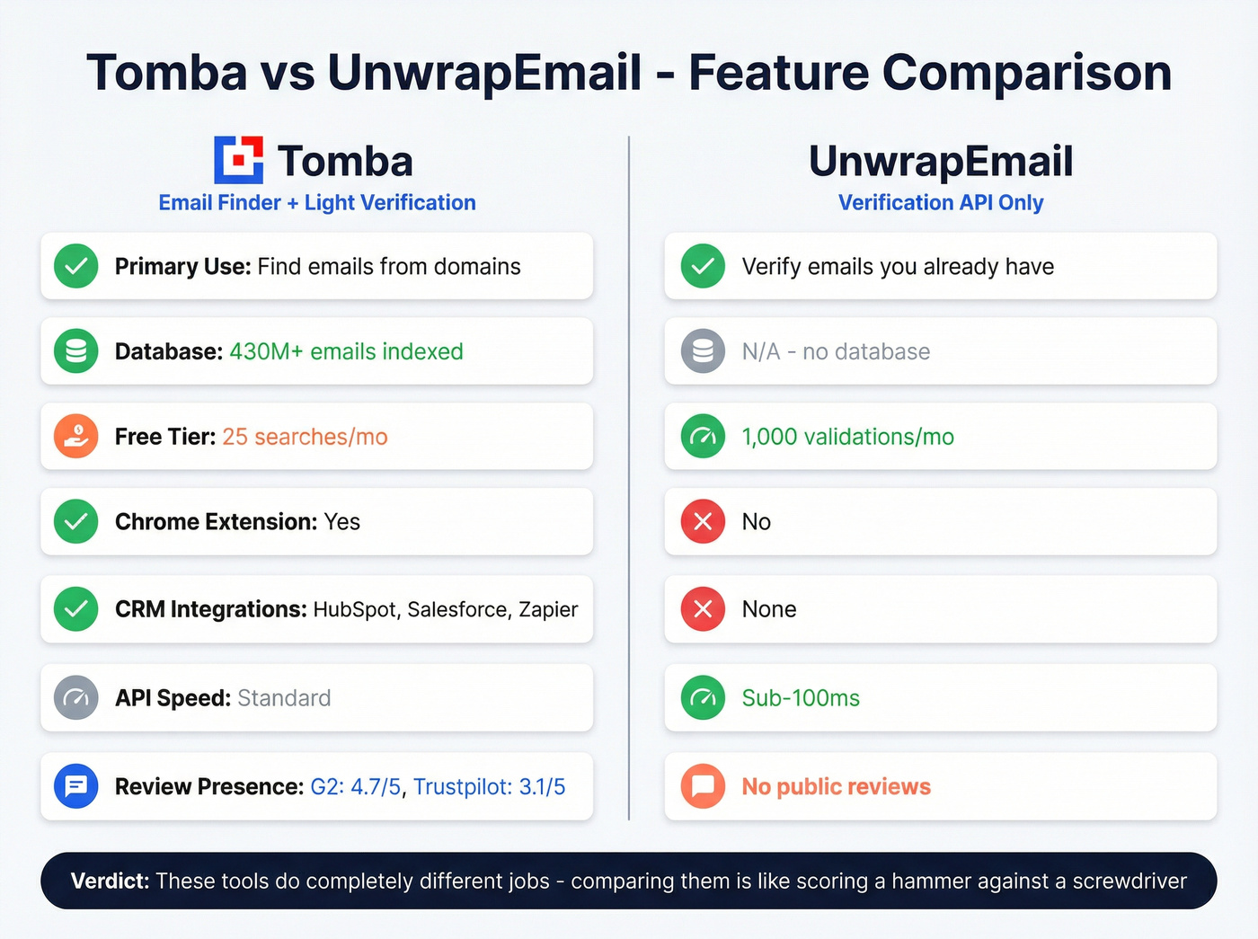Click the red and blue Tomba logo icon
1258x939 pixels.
[238, 160]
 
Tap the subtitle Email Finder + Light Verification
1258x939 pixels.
[317, 203]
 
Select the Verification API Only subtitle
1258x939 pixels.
[941, 203]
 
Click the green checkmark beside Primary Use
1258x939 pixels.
[76, 267]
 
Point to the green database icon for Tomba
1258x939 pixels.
[76, 351]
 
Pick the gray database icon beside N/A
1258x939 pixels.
[703, 351]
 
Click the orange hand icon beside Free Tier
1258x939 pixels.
[76, 437]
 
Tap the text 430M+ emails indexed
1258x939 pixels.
[346, 351]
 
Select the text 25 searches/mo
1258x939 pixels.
[305, 437]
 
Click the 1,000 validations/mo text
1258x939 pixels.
[847, 437]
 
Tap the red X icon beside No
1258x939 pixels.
[703, 522]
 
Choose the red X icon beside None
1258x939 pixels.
[703, 609]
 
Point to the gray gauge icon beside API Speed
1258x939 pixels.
[76, 698]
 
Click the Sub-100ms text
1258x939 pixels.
[801, 698]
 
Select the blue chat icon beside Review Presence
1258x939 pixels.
[76, 786]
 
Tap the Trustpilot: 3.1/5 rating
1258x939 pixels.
[489, 787]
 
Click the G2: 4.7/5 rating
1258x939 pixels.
[355, 787]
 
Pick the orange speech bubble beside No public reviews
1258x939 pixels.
[703, 786]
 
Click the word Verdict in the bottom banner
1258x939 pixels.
[110, 881]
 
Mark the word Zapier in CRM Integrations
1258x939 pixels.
[548, 609]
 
